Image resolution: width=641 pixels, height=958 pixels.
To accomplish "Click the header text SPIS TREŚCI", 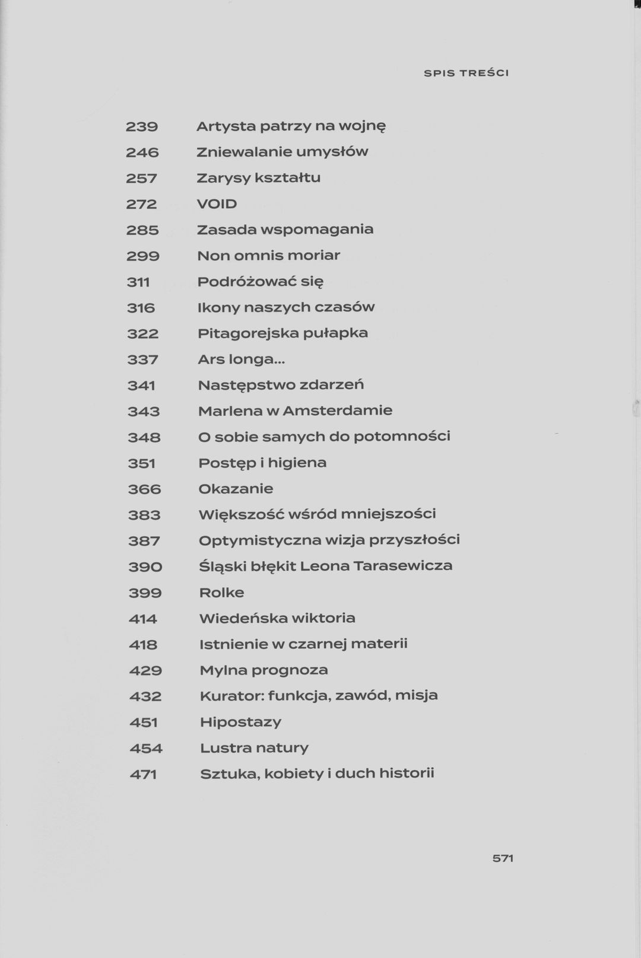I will (467, 74).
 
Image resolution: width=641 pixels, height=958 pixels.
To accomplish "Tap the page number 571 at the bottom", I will (503, 858).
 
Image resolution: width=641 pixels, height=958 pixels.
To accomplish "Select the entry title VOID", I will (217, 204).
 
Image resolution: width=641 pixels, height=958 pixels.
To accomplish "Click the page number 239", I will (142, 126).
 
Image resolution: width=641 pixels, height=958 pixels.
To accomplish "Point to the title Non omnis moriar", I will (268, 256).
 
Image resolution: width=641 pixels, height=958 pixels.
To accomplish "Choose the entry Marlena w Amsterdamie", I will (295, 410).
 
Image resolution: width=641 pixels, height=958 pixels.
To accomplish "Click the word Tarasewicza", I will (403, 566).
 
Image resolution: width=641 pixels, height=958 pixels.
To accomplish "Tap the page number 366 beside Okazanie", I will (144, 489).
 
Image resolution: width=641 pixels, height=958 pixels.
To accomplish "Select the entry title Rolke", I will (221, 593).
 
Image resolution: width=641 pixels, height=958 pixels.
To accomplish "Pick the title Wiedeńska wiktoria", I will (277, 618).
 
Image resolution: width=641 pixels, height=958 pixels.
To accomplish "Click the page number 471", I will (143, 774).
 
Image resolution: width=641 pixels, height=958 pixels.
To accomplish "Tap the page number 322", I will (143, 333).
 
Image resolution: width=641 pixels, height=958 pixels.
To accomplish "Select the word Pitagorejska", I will (248, 333).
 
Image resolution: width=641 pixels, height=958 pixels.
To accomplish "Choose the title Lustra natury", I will (254, 748).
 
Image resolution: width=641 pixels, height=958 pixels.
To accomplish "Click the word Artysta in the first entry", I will (226, 126).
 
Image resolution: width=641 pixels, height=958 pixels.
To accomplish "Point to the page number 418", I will (143, 644).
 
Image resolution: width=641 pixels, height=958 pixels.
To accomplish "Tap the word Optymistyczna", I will (260, 540).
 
